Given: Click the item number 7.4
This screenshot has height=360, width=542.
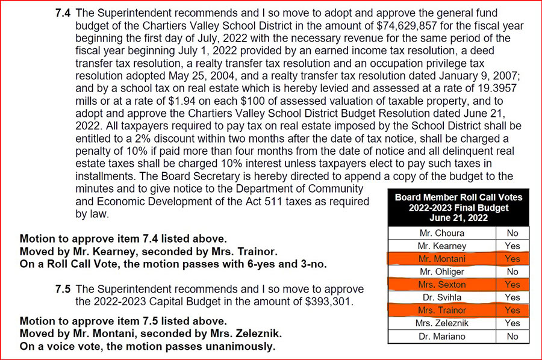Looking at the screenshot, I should pyautogui.click(x=63, y=13).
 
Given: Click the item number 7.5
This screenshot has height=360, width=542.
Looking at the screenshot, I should pyautogui.click(x=63, y=290).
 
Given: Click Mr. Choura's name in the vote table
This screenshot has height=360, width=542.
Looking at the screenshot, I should pyautogui.click(x=442, y=233).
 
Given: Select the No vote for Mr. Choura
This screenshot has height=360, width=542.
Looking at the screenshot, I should pyautogui.click(x=512, y=233).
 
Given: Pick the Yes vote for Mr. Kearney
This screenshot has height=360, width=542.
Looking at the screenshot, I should pyautogui.click(x=512, y=246).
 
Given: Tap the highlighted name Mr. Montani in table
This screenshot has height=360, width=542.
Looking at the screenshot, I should pyautogui.click(x=442, y=259).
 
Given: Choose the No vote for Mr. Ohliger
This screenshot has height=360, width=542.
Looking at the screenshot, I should pyautogui.click(x=512, y=272).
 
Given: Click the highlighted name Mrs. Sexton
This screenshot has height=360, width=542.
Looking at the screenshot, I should pyautogui.click(x=442, y=285).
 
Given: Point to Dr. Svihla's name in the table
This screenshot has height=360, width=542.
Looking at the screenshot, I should pyautogui.click(x=442, y=297).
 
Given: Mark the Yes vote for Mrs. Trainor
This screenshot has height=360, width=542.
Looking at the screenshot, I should pyautogui.click(x=512, y=311).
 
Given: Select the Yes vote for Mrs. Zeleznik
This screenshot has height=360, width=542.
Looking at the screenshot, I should pyautogui.click(x=512, y=323).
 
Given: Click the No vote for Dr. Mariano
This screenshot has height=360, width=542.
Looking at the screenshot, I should pyautogui.click(x=512, y=337).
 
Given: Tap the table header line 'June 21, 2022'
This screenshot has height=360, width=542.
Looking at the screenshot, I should pyautogui.click(x=458, y=217).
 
